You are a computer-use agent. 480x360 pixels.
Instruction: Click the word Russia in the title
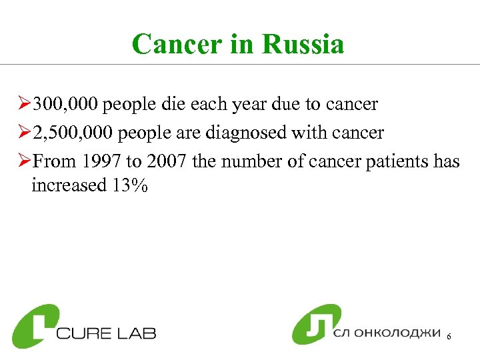pos(303,45)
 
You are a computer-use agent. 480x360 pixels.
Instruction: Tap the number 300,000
pos(65,105)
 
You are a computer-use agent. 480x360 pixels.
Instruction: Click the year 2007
pos(159,161)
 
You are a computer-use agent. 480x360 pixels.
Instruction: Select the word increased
pos(65,185)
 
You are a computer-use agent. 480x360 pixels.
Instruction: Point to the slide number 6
pos(449,338)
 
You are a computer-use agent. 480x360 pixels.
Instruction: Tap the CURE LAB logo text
pos(106,332)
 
